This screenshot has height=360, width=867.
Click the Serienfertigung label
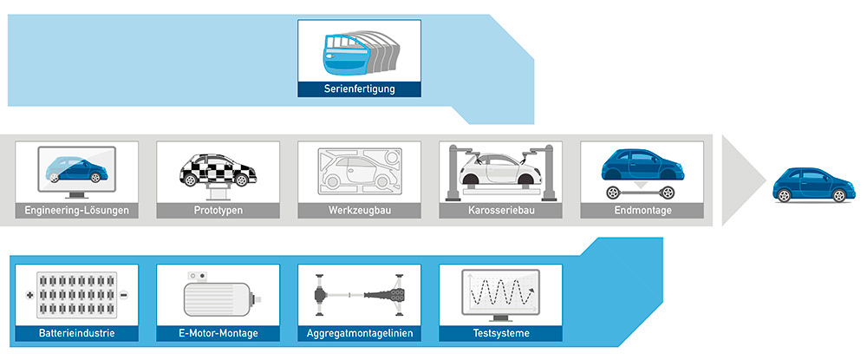click(359, 88)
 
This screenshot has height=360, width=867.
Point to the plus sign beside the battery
click(29, 295)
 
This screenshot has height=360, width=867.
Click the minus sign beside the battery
click(124, 295)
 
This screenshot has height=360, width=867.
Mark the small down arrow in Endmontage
click(641, 183)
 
